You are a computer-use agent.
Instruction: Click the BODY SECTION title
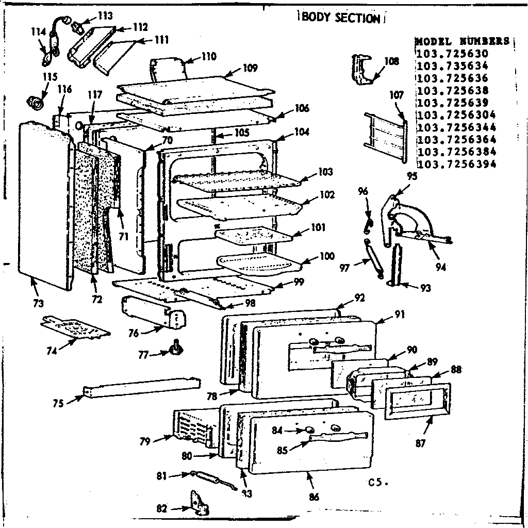pyautogui.click(x=340, y=18)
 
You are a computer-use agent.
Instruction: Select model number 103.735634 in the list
pyautogui.click(x=452, y=66)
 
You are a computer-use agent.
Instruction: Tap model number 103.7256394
pyautogui.click(x=456, y=164)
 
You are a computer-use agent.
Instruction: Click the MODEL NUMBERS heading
pyautogui.click(x=462, y=41)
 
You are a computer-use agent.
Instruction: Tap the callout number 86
pyautogui.click(x=315, y=497)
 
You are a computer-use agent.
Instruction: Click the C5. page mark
pyautogui.click(x=377, y=483)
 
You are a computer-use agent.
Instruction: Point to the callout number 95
pyautogui.click(x=411, y=176)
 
